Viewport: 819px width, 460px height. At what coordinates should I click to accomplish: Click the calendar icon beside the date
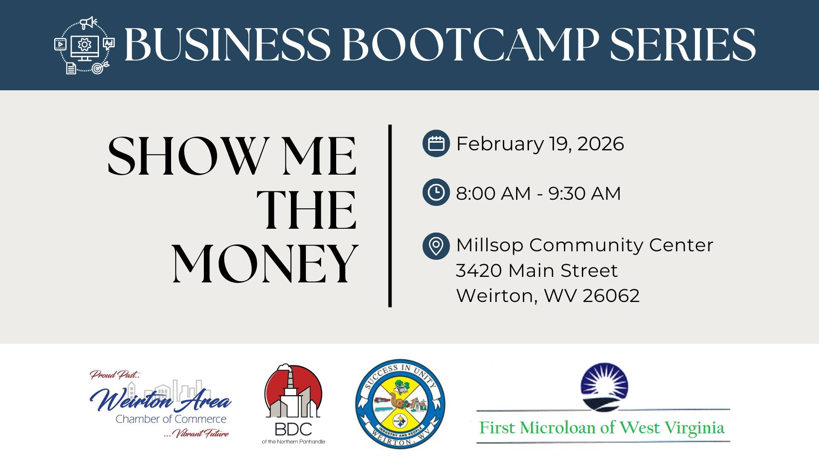pos(436,144)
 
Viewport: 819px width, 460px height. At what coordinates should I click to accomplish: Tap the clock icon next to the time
pos(436,193)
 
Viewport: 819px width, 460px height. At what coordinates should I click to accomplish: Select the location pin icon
pos(436,246)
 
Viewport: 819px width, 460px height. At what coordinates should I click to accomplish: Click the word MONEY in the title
pos(265,264)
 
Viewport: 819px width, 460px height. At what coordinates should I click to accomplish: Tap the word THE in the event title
pos(306,210)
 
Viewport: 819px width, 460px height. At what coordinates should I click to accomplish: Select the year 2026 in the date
pos(601,144)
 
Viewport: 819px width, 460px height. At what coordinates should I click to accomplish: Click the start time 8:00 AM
pos(494,193)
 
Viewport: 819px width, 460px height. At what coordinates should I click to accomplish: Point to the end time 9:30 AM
pos(585,193)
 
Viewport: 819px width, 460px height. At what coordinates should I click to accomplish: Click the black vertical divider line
pos(390,216)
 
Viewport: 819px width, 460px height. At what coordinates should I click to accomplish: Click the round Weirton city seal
pos(400,403)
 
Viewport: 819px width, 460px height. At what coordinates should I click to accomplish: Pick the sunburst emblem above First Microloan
pos(604,387)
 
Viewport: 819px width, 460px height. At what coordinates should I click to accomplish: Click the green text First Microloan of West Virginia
pos(602,428)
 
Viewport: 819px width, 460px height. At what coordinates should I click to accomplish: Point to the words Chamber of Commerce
pos(171,419)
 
